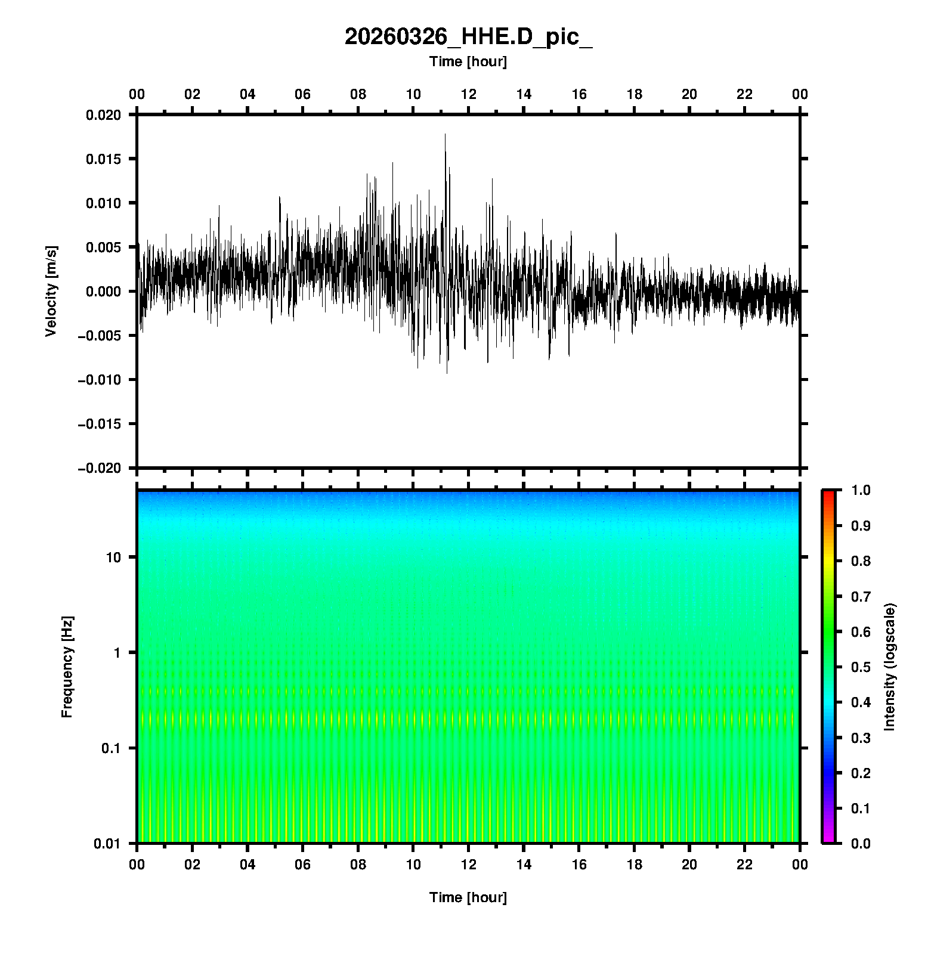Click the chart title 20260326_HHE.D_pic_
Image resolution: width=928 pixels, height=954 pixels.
click(x=468, y=37)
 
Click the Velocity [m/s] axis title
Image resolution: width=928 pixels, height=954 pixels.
click(x=51, y=291)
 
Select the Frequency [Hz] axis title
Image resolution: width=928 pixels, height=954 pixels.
click(x=67, y=667)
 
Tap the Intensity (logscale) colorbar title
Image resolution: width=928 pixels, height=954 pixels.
click(x=890, y=667)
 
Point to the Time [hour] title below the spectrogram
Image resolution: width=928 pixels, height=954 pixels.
click(x=468, y=897)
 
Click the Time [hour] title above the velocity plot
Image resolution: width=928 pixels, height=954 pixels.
click(x=468, y=61)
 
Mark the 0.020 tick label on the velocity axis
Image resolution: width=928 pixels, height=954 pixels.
click(x=103, y=115)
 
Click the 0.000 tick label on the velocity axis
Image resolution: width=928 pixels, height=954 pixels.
click(x=103, y=292)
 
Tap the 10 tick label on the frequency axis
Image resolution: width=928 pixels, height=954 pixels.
click(x=113, y=557)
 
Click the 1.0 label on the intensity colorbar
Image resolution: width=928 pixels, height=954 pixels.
click(x=861, y=490)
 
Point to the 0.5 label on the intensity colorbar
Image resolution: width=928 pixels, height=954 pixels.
click(x=861, y=667)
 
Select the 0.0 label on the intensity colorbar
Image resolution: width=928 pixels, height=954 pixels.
click(x=861, y=843)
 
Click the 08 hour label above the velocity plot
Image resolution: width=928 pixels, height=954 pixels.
click(x=358, y=94)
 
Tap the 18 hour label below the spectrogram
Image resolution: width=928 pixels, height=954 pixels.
click(x=634, y=865)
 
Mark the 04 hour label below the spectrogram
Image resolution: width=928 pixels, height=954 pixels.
click(x=248, y=865)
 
